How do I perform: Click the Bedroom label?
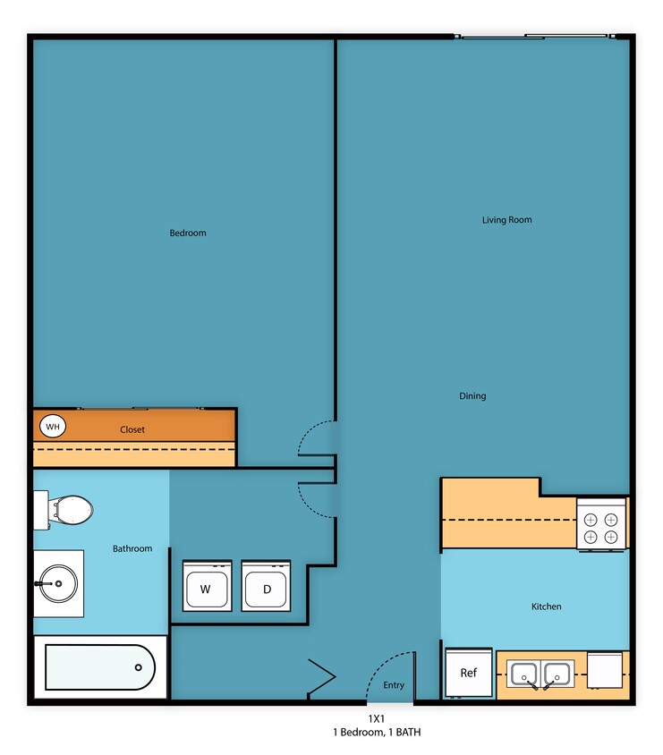(x=188, y=233)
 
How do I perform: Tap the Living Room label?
(x=507, y=220)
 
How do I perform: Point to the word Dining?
(x=472, y=396)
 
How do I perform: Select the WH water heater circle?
(x=53, y=427)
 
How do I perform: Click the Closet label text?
(x=132, y=429)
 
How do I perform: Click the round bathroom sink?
(x=59, y=583)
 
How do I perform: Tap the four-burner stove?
(x=601, y=527)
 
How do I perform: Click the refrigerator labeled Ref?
(x=468, y=673)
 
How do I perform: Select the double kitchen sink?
(x=541, y=674)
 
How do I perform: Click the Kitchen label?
(x=547, y=607)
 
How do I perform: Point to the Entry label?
(x=394, y=685)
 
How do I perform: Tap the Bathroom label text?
(x=132, y=548)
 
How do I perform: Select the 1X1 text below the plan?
(x=376, y=718)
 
